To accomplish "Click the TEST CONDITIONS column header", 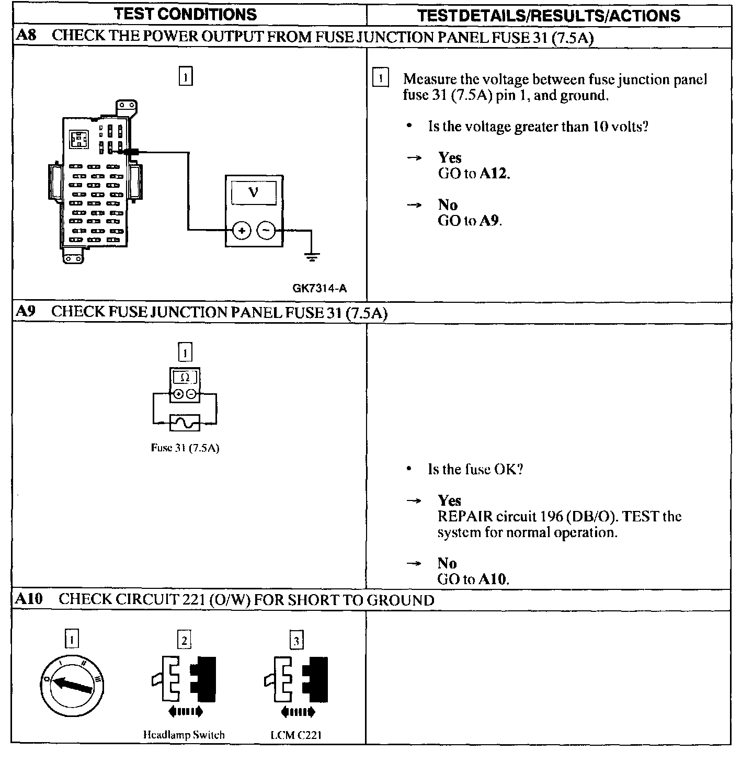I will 186,14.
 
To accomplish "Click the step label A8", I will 26,36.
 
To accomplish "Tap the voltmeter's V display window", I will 254,193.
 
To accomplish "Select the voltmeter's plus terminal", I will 242,230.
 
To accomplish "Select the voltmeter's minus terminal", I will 266,230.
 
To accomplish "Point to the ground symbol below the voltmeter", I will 312,257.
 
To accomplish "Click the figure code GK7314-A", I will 320,288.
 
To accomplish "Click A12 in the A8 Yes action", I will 494,174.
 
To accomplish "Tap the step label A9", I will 25,312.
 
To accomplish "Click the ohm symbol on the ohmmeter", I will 185,377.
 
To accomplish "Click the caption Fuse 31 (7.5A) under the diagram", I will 185,448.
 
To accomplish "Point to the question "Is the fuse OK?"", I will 475,469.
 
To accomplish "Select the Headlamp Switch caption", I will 184,735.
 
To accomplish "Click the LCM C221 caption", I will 296,735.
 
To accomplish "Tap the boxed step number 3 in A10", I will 296,640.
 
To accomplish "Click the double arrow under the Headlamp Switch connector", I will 185,711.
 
